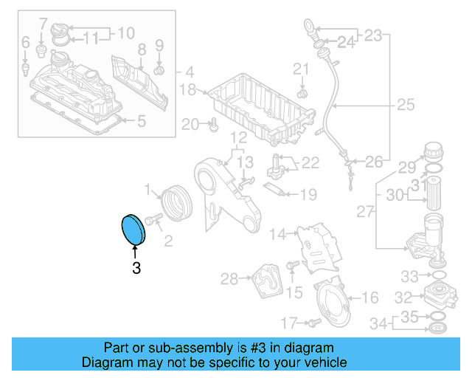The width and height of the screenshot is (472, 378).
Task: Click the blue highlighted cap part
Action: coord(133,229)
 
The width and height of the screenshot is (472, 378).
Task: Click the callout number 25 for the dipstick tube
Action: coord(406,106)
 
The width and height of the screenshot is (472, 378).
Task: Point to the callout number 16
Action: coord(370,298)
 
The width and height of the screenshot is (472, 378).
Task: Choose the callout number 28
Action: coord(229,279)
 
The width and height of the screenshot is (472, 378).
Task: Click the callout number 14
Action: coord(277,235)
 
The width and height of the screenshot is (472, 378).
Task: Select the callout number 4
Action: coord(190,73)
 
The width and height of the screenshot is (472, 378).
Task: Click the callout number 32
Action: coord(402,298)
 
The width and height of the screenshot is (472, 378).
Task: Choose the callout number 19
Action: coord(308,195)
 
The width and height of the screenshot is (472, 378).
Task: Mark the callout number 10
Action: coord(126,32)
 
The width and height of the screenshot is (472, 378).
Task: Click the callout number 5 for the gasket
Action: coord(142,119)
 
